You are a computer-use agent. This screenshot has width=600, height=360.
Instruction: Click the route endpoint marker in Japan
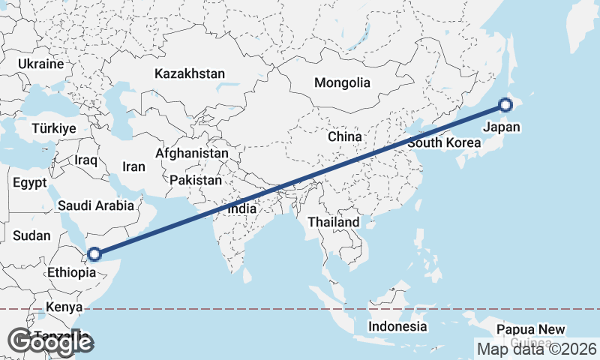pos(505,105)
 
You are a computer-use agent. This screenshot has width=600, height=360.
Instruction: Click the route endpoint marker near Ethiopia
pos(94,253)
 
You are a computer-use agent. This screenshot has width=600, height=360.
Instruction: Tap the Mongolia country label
pos(342,82)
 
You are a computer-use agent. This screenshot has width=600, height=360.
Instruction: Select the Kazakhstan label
pos(190,73)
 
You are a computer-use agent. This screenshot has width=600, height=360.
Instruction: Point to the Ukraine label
pos(40,64)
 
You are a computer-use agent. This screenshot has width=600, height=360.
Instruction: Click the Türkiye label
pos(54,129)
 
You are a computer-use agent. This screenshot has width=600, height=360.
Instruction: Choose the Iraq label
pos(86,160)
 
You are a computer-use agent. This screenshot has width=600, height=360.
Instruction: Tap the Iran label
pos(133,167)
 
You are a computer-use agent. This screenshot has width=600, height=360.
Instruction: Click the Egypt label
pos(30,182)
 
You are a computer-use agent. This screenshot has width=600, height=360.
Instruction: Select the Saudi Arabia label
pos(96,205)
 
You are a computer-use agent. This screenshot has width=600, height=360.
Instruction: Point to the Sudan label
pos(31,235)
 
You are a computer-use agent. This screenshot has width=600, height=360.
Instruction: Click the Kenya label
pos(64,307)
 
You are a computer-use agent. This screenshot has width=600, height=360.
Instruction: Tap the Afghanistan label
pos(191,153)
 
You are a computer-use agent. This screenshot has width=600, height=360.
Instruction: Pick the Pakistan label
pos(196,180)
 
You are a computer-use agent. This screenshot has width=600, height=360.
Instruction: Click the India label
pos(242,210)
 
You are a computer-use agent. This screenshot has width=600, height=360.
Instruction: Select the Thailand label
pos(334,223)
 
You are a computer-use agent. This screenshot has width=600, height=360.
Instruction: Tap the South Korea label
pos(444,142)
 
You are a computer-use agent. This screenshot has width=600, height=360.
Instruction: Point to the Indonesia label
pos(397,326)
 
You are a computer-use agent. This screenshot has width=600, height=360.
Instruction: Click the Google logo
pos(50,342)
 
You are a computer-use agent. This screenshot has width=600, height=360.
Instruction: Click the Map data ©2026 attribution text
pos(536,349)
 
